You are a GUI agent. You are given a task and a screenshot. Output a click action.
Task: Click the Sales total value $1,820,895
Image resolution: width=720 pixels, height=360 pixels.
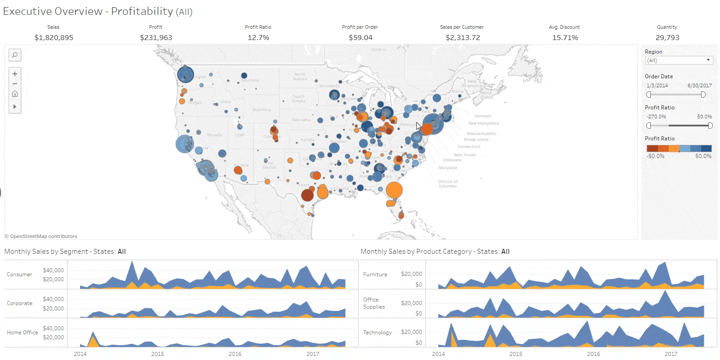(x=54, y=38)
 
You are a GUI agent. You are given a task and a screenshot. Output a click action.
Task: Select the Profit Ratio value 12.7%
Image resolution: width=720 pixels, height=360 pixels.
(x=258, y=38)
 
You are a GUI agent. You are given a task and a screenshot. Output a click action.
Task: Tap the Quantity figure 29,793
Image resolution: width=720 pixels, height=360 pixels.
(x=667, y=38)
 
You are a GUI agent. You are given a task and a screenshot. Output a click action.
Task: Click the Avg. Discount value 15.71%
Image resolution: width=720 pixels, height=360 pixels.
(x=565, y=38)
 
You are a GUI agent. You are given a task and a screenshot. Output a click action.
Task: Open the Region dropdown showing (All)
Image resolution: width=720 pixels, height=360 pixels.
(x=679, y=60)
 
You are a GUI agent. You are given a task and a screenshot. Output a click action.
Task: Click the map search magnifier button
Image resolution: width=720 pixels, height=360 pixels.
(x=15, y=55)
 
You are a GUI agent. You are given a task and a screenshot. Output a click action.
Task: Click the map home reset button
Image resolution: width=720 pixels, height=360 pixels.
(x=15, y=94)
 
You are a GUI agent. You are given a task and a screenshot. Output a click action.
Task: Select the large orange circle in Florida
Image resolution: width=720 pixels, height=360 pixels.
(x=394, y=190)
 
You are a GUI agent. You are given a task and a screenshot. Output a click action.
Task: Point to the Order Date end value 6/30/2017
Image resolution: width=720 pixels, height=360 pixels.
(x=699, y=85)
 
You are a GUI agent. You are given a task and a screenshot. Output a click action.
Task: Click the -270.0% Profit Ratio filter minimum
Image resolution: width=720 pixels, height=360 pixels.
(x=656, y=117)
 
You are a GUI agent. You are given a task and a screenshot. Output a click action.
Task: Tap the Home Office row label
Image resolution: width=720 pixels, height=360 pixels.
(x=22, y=333)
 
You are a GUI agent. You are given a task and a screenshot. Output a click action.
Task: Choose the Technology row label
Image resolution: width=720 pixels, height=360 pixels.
(x=377, y=333)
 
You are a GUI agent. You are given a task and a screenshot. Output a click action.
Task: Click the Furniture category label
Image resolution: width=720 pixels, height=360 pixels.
(x=375, y=274)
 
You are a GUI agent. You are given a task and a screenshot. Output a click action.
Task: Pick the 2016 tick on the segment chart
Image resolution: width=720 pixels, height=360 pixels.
(x=235, y=354)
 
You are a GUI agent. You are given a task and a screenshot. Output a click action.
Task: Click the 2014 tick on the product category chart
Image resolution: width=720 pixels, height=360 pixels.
(x=438, y=354)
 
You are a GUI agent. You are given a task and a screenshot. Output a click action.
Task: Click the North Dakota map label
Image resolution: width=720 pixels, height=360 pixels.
(x=300, y=76)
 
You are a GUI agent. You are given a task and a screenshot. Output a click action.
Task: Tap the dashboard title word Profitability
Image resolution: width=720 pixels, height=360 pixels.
(x=142, y=11)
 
